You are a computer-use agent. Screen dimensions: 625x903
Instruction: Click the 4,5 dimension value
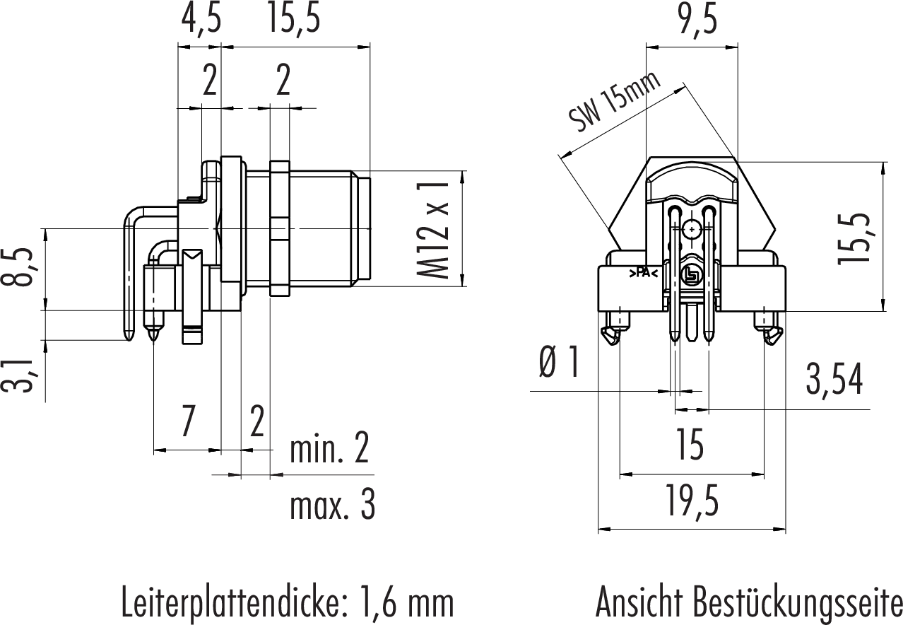coord(200,20)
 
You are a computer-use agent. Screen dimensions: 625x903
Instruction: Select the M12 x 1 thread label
coord(433,229)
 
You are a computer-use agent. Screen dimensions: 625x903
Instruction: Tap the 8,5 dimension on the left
coord(21,267)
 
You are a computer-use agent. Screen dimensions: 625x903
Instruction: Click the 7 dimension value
coord(187,423)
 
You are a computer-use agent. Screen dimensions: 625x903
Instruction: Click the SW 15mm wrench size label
coord(615,102)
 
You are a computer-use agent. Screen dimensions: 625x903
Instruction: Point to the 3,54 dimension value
coord(834,381)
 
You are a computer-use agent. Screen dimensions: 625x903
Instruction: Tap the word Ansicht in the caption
coord(640,602)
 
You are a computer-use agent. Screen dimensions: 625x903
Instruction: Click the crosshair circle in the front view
coord(691,229)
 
